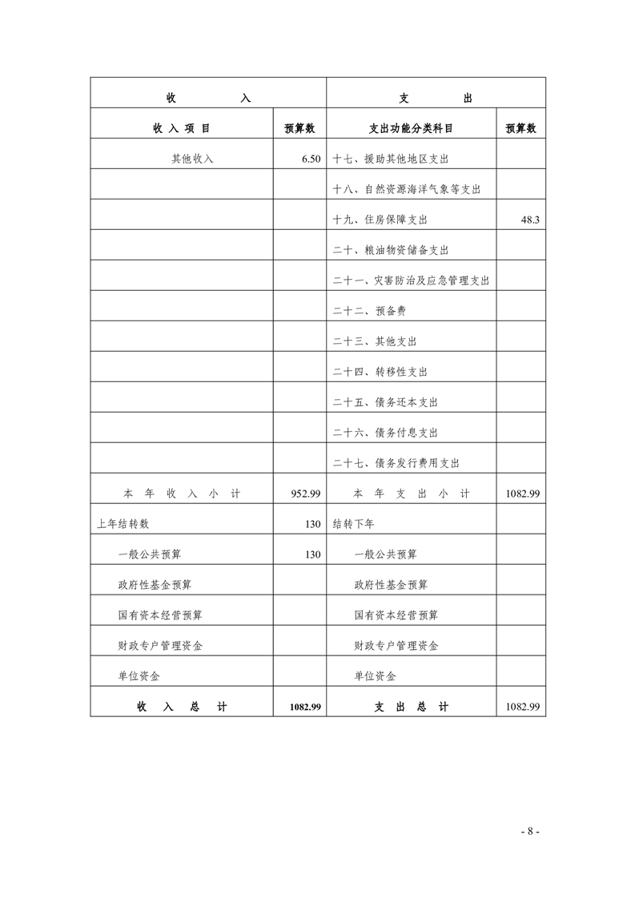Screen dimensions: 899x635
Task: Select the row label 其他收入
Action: [x=192, y=159]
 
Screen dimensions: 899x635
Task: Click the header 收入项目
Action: [x=182, y=128]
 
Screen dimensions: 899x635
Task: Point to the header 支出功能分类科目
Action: [x=411, y=128]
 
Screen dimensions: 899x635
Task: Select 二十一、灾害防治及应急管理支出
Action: [x=411, y=280]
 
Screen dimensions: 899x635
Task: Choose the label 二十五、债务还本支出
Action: [x=385, y=402]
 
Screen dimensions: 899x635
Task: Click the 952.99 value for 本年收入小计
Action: [x=306, y=494]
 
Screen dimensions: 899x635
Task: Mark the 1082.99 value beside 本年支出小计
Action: [x=522, y=494]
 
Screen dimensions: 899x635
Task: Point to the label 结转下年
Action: [x=353, y=524]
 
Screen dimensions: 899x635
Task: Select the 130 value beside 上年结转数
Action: [x=312, y=524]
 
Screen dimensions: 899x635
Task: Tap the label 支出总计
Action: [x=412, y=707]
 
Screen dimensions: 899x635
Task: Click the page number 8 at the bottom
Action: [x=530, y=831]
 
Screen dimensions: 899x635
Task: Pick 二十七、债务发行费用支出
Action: [x=396, y=463]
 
